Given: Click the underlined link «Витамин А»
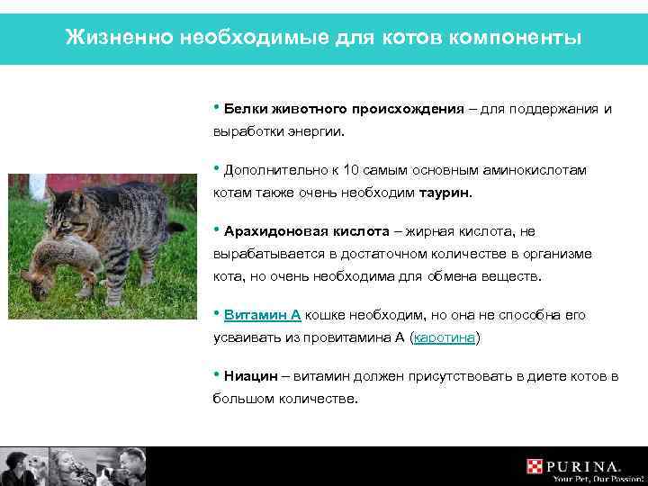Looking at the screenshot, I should pos(262,315).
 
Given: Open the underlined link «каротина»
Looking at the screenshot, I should pos(444,337).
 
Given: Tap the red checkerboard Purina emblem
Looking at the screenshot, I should pos(536,466).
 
